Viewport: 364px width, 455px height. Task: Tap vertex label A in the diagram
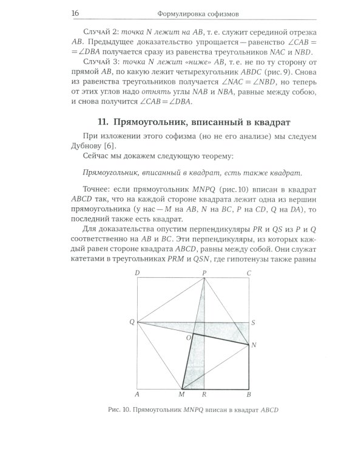click(138, 395)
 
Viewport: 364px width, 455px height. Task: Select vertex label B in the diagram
click(249, 395)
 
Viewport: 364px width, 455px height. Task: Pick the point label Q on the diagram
click(132, 322)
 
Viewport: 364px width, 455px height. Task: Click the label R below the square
click(204, 395)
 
